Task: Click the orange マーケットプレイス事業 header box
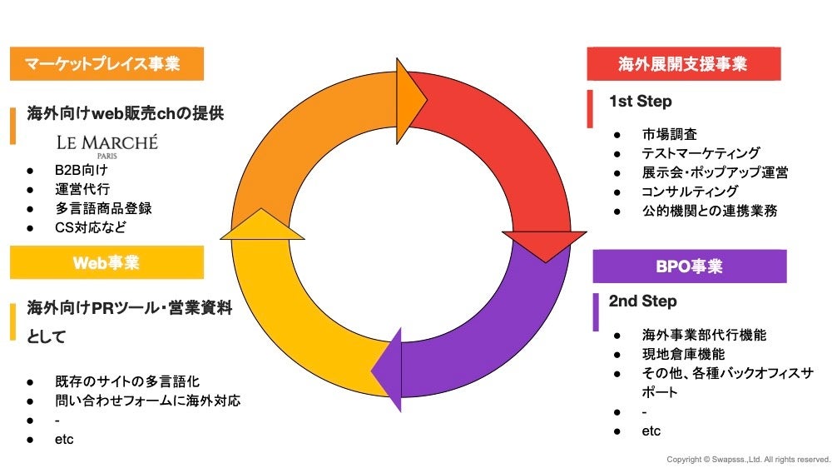pos(106,64)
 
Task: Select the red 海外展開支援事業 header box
pos(683,64)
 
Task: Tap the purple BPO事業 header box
pos(689,266)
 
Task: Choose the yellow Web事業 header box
pos(106,263)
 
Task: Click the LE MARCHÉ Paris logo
pos(106,145)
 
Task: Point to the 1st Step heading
pos(640,102)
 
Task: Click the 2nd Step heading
pos(642,301)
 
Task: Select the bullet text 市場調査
pos(669,134)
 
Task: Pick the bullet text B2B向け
pos(82,170)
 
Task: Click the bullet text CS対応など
pos(91,227)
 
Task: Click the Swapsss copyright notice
pos(748,460)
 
